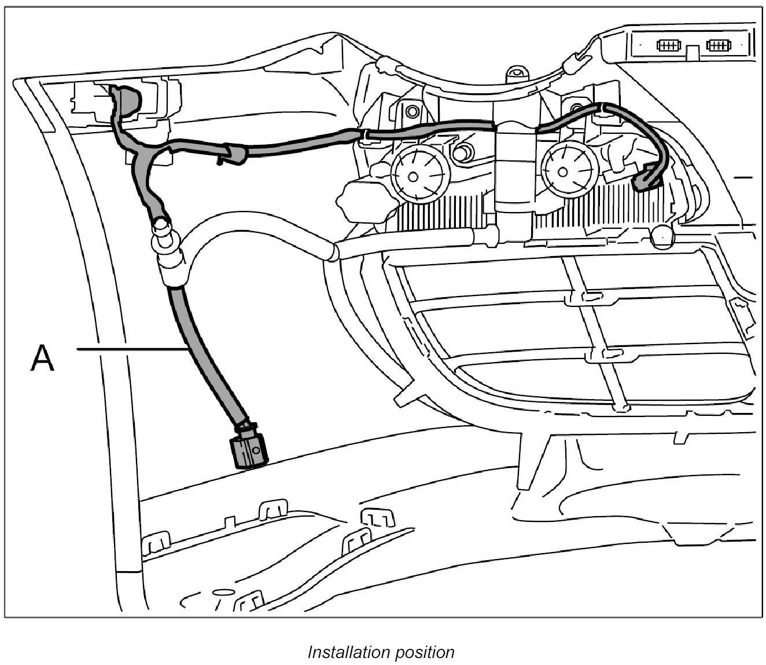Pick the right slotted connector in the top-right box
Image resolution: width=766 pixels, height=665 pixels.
coord(718,44)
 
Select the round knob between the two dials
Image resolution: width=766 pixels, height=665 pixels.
coord(461,154)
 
